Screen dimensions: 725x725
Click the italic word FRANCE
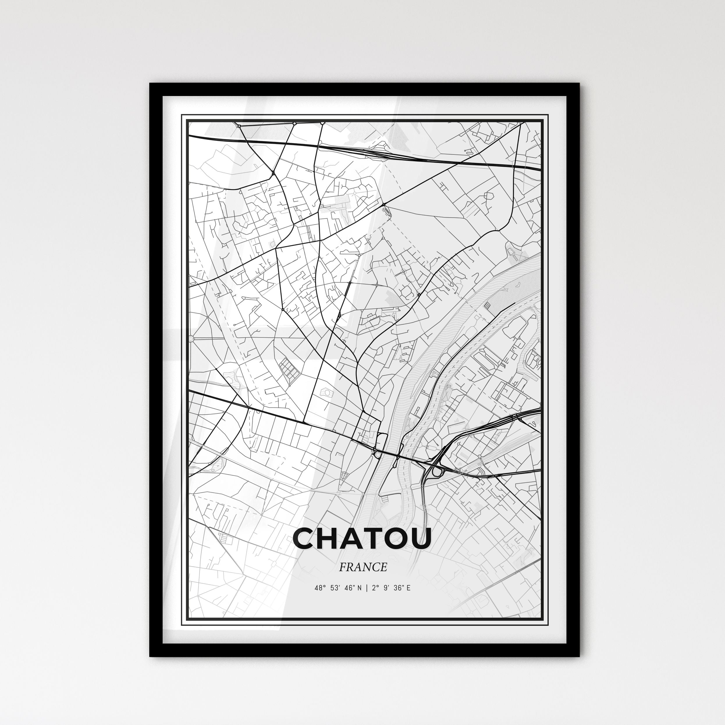point(362,567)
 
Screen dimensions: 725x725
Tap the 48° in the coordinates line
point(320,588)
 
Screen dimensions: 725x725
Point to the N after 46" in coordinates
point(360,588)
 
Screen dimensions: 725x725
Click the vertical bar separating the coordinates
point(366,588)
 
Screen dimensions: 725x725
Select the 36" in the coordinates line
point(399,588)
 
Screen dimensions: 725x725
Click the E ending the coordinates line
point(408,588)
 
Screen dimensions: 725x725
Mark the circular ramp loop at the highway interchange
point(436,472)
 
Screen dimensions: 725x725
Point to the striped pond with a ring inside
point(328,392)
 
